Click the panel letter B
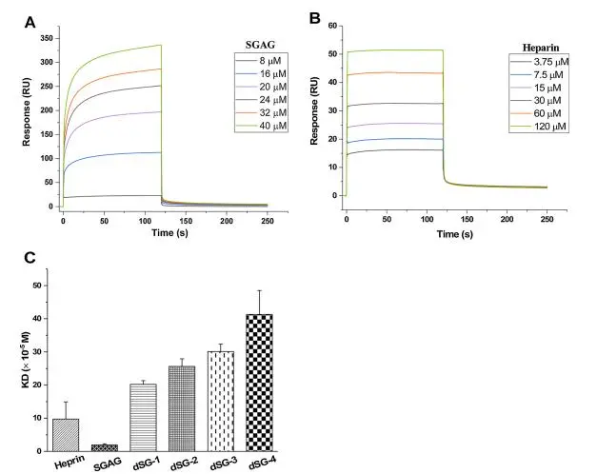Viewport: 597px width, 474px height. pos(314,18)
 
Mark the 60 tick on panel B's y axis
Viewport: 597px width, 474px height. pos(331,26)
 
